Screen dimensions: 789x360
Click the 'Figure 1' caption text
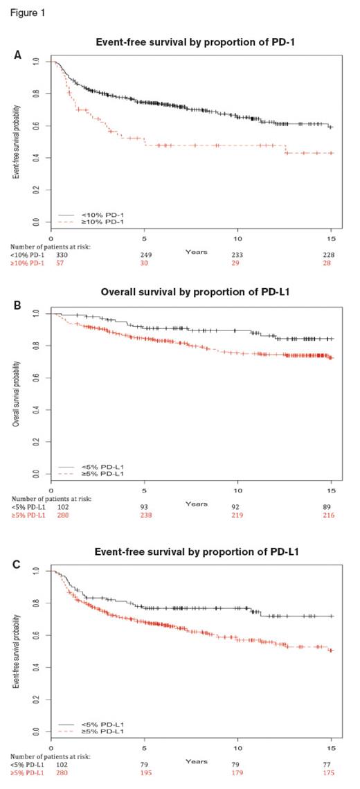(24, 12)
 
